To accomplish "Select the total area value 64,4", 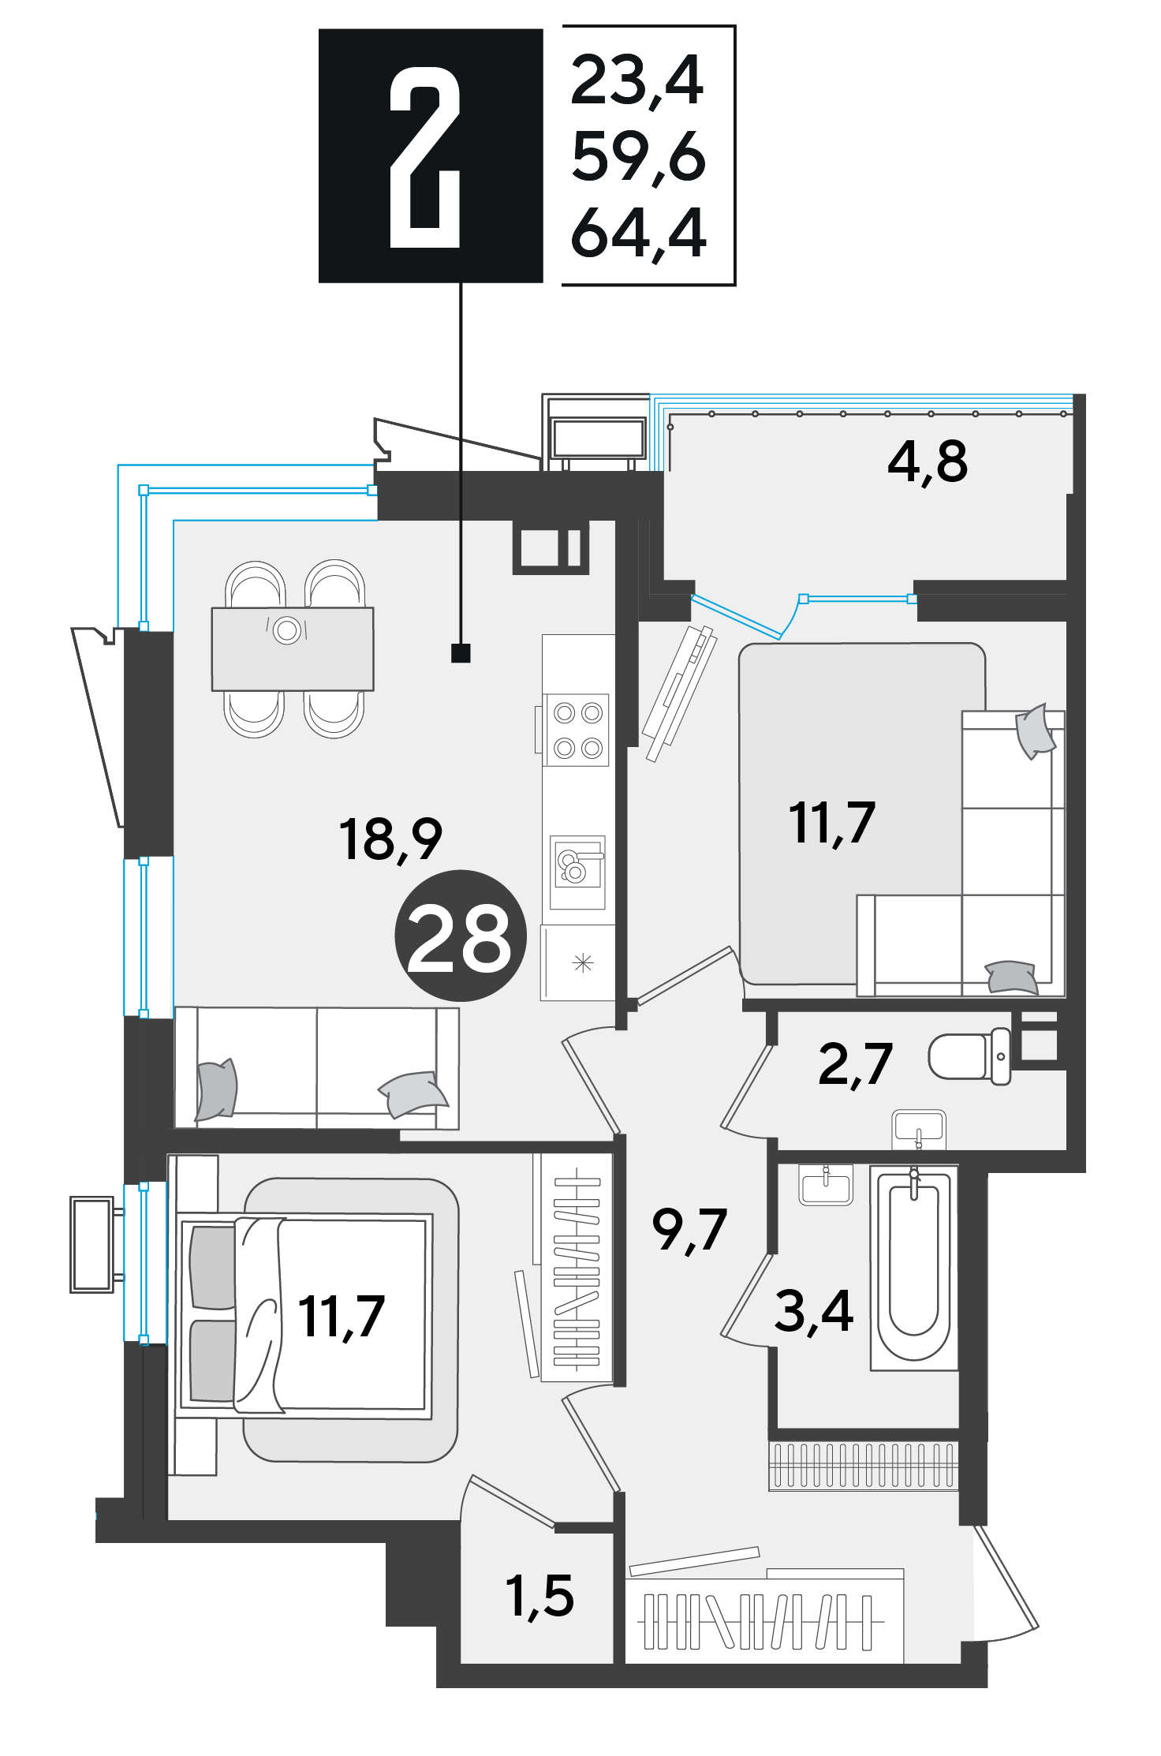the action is [638, 234].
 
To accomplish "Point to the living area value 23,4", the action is [636, 81].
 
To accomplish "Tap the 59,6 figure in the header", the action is [638, 158].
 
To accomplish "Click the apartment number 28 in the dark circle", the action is [460, 936].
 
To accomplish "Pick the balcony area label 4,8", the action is [928, 462].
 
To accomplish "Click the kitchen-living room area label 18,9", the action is [390, 839].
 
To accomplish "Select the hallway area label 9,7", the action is [689, 1230].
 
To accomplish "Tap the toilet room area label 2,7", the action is [856, 1065].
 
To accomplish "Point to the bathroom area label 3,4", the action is [814, 1311].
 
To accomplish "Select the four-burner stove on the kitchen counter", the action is [577, 730].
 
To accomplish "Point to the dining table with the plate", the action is [293, 648].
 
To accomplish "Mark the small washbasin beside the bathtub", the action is [826, 1183].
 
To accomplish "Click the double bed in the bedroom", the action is [304, 1315].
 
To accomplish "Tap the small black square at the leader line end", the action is [461, 653].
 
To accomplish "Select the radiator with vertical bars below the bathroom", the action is [864, 1466].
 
